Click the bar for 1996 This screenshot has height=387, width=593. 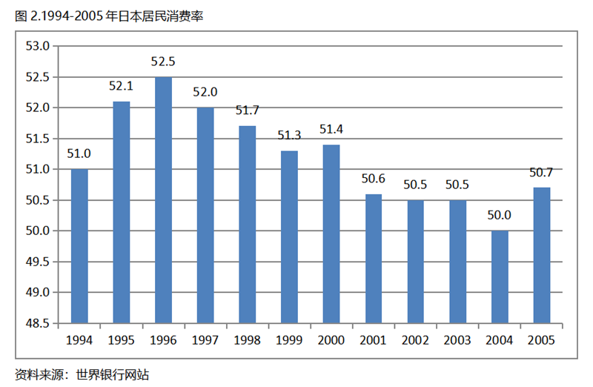[x=163, y=200]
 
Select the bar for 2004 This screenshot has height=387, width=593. [x=500, y=277]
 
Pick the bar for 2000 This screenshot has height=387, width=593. [x=331, y=234]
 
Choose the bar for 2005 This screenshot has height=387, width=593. [x=542, y=256]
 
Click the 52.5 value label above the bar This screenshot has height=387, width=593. [x=163, y=62]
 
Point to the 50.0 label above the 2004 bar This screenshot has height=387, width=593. [x=500, y=216]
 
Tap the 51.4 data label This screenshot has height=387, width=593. [x=331, y=130]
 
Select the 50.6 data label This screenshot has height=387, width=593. [x=374, y=179]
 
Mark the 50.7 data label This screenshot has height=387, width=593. [x=542, y=173]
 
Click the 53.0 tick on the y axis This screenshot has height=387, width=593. [x=37, y=46]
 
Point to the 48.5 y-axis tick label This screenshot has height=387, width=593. [x=37, y=324]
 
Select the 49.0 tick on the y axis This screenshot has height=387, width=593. [x=37, y=293]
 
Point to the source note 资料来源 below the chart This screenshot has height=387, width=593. [x=82, y=374]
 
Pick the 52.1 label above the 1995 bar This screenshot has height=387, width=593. [x=121, y=86]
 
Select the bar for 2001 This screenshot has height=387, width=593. [x=374, y=259]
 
